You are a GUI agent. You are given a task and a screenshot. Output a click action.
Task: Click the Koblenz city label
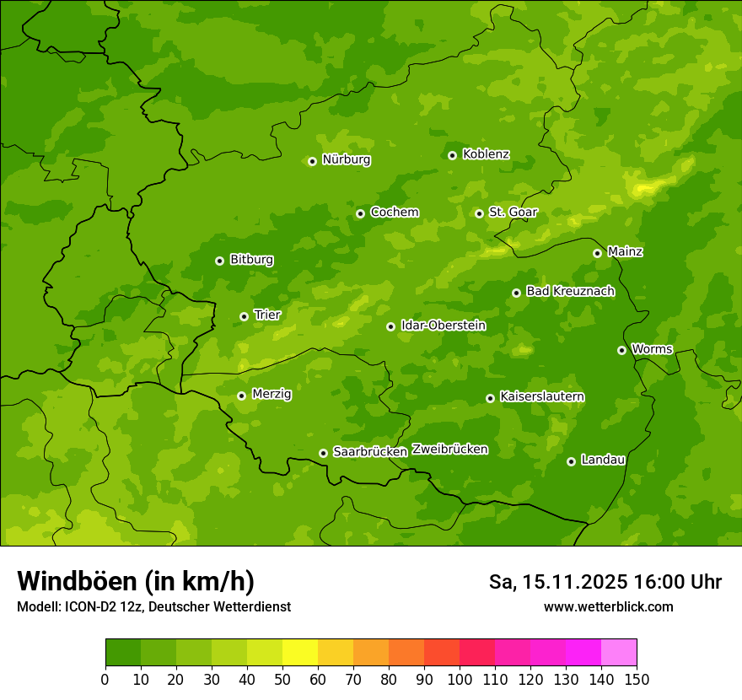point(486,154)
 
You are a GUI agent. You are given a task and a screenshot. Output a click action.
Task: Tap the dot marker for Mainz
point(597,253)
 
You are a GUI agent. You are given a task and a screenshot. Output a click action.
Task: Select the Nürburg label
point(346,159)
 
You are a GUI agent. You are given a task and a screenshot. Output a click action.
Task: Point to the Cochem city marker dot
point(360,213)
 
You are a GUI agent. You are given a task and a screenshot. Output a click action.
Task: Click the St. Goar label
point(513,212)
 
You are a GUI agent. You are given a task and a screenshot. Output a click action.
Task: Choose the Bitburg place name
point(251,260)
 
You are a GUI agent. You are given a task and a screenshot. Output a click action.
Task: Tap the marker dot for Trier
point(244,317)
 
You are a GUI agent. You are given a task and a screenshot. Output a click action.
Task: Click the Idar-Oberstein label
point(443,325)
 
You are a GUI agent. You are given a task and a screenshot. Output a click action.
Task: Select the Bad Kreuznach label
point(570,291)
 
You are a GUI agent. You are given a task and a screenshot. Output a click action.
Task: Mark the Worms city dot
point(621,350)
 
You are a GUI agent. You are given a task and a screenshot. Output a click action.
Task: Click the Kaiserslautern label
point(542,396)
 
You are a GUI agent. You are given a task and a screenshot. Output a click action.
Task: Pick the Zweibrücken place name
point(449,450)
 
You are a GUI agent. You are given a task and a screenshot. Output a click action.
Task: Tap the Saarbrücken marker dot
point(323,453)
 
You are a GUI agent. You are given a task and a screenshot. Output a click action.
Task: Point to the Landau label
point(603,460)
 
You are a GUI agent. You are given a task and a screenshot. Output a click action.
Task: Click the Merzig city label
point(272,394)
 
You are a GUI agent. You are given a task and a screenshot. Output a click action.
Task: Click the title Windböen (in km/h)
point(135,581)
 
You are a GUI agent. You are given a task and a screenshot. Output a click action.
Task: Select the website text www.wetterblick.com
point(608,606)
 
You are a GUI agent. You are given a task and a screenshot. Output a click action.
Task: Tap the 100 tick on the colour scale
point(460,679)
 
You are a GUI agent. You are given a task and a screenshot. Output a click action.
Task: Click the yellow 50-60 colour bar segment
point(299,653)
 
